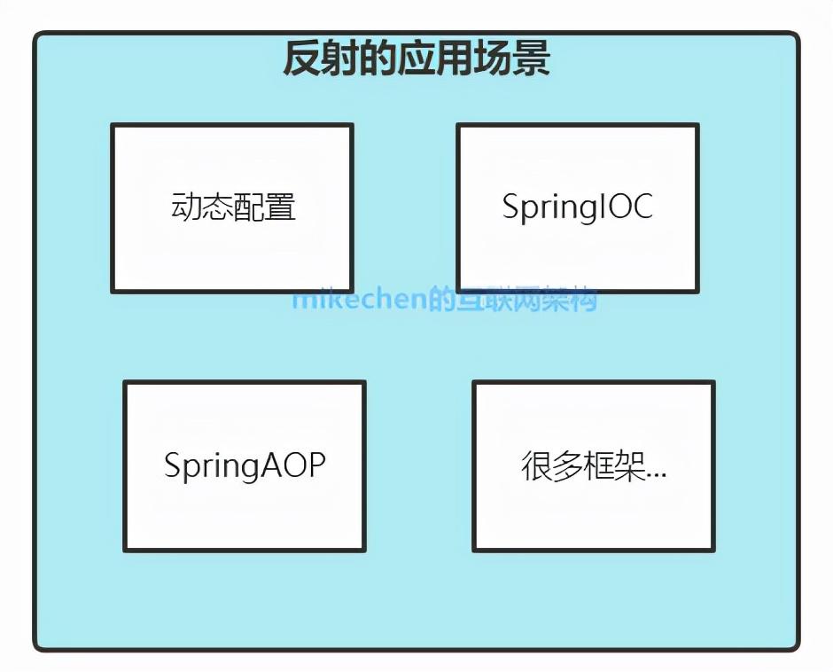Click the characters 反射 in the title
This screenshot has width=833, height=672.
[x=316, y=59]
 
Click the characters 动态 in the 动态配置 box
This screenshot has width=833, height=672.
[x=201, y=207]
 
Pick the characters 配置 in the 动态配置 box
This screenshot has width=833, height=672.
[x=264, y=207]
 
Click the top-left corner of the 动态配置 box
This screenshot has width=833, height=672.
[x=113, y=125]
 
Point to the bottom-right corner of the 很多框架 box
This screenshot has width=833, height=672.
[x=713, y=550]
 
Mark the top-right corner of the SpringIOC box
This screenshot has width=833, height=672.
[x=697, y=125]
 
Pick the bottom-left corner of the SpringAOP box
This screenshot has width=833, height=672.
[x=125, y=550]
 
